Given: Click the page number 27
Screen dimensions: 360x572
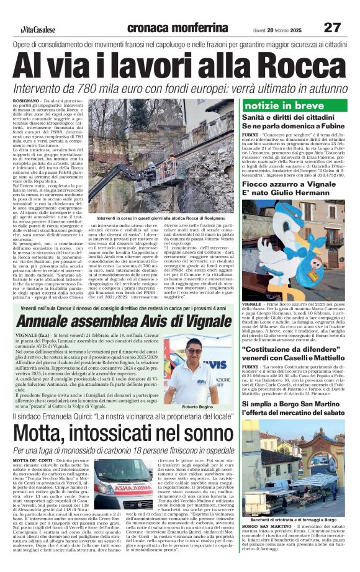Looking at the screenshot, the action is [332, 28].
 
